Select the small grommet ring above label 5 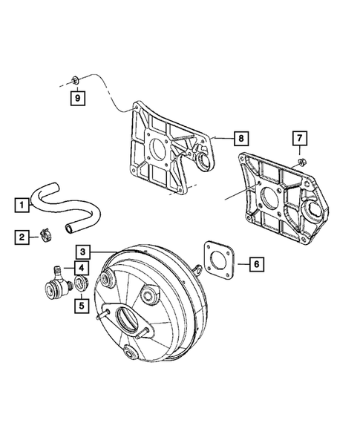pos(82,285)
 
